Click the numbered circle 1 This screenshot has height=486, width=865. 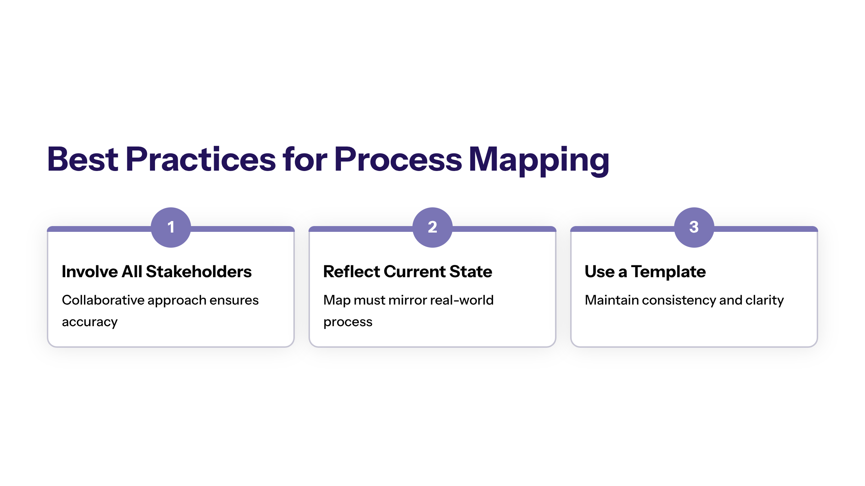171,227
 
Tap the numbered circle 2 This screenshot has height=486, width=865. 432,227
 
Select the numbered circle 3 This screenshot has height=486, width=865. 694,227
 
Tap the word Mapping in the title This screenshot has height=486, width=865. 539,161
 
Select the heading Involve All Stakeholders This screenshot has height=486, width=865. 157,271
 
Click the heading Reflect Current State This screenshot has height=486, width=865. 408,271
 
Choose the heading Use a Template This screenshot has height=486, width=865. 645,272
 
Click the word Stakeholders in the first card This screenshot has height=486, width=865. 199,271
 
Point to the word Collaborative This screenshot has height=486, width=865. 103,300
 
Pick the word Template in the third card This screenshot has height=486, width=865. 669,272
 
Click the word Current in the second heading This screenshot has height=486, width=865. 414,271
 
